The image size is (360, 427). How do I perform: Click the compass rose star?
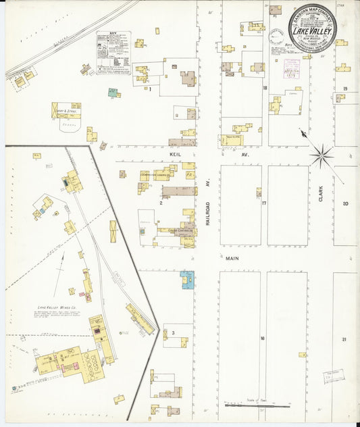pyautogui.click(x=322, y=155)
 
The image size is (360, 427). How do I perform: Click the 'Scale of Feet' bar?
pyautogui.click(x=257, y=405)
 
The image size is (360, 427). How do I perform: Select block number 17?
pyautogui.click(x=265, y=203)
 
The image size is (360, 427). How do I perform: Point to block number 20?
pyautogui.click(x=344, y=203)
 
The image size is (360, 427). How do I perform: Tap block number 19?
pyautogui.click(x=344, y=89)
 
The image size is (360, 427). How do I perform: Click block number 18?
pyautogui.click(x=265, y=88)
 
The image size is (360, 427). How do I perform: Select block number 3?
pyautogui.click(x=173, y=333)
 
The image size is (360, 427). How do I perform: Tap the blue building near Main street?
pyautogui.click(x=187, y=279)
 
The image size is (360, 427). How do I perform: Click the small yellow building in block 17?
pyautogui.click(x=259, y=192)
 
